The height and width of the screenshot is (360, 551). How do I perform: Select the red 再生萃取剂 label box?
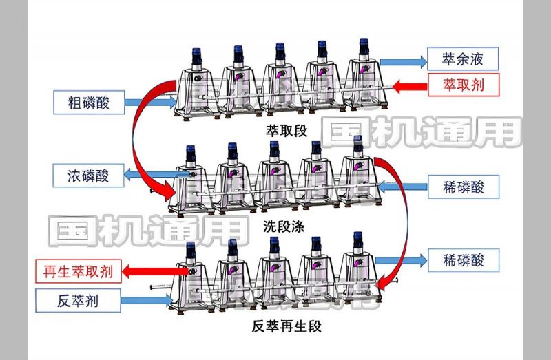coord(78,271)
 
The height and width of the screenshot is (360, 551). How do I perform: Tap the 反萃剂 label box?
coord(78,299)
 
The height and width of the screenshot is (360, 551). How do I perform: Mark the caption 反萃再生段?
coord(287,326)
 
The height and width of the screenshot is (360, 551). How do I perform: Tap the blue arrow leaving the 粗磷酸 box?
coord(153,102)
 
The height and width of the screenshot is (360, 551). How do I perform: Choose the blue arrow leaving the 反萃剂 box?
coord(148,299)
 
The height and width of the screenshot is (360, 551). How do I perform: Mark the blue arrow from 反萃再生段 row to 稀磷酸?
coord(403,260)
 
